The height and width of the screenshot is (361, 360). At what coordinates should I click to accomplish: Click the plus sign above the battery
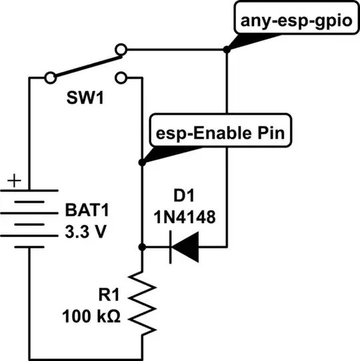pyautogui.click(x=17, y=180)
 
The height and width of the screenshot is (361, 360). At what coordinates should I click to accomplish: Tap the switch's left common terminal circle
pyautogui.click(x=50, y=78)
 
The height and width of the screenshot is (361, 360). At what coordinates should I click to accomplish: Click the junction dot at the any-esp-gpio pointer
pyautogui.click(x=227, y=49)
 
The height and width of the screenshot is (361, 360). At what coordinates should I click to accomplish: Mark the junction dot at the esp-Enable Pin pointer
pyautogui.click(x=142, y=162)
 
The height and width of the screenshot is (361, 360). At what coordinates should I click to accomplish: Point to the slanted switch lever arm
pyautogui.click(x=85, y=64)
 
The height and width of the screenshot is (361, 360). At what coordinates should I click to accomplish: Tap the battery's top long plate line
pyautogui.click(x=28, y=193)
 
